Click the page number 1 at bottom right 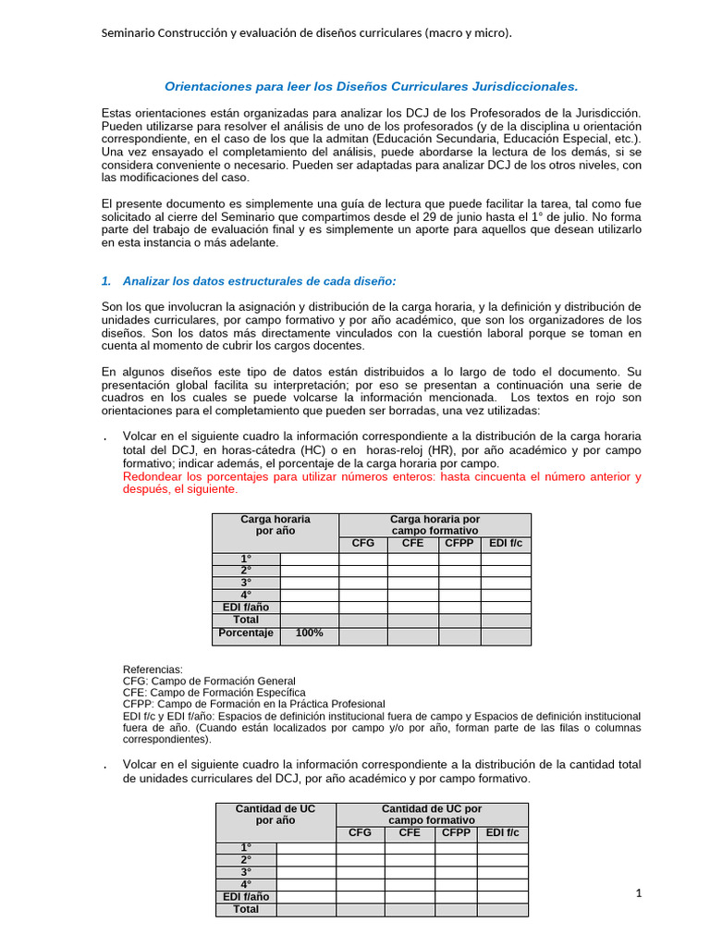point(638,892)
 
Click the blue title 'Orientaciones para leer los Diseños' point(371,86)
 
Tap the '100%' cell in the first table point(309,633)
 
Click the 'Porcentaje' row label point(246,633)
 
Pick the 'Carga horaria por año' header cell point(275,525)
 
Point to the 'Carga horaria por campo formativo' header point(435,525)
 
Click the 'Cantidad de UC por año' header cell point(275,815)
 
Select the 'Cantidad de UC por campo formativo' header point(433,815)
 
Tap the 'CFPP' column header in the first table point(459,544)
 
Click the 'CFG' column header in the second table point(360,833)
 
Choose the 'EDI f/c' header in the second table point(504,833)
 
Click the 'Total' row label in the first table point(246,620)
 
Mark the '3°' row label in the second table point(246,872)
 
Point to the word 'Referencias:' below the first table point(153,669)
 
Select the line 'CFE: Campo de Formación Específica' point(214,693)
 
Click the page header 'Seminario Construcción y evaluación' point(306,33)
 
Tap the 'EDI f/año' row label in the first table point(246,608)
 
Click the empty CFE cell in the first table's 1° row point(412,560)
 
